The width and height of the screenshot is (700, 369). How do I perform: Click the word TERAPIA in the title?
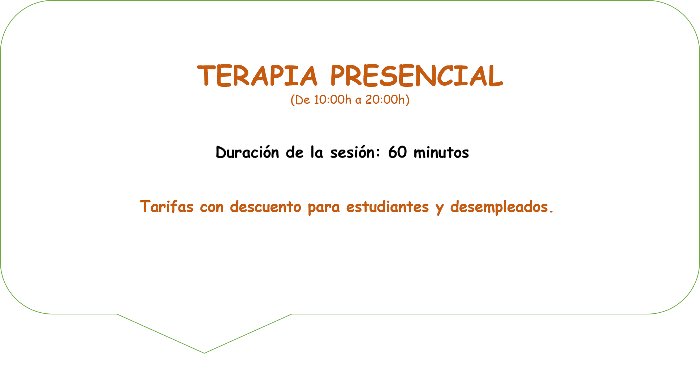[x=257, y=76]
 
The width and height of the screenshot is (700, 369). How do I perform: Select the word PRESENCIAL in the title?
[x=416, y=76]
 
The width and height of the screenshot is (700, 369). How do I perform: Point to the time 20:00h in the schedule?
[x=385, y=99]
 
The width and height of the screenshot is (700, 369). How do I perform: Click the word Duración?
[x=247, y=152]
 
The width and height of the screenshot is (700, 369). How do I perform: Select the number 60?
[x=397, y=152]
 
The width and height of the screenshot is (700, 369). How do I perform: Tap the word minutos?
[x=441, y=153]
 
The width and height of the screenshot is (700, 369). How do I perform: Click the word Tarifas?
[x=167, y=206]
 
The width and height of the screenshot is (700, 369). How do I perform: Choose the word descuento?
[x=265, y=206]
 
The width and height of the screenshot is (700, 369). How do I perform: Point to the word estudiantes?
[x=388, y=207]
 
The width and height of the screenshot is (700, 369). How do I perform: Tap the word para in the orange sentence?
[x=324, y=208]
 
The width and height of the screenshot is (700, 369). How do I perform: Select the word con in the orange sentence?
[x=212, y=208]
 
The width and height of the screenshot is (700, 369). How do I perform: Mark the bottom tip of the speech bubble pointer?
[x=204, y=353]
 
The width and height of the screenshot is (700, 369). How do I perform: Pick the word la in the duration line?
[x=316, y=152]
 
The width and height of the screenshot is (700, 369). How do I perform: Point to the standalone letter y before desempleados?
[x=440, y=209]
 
